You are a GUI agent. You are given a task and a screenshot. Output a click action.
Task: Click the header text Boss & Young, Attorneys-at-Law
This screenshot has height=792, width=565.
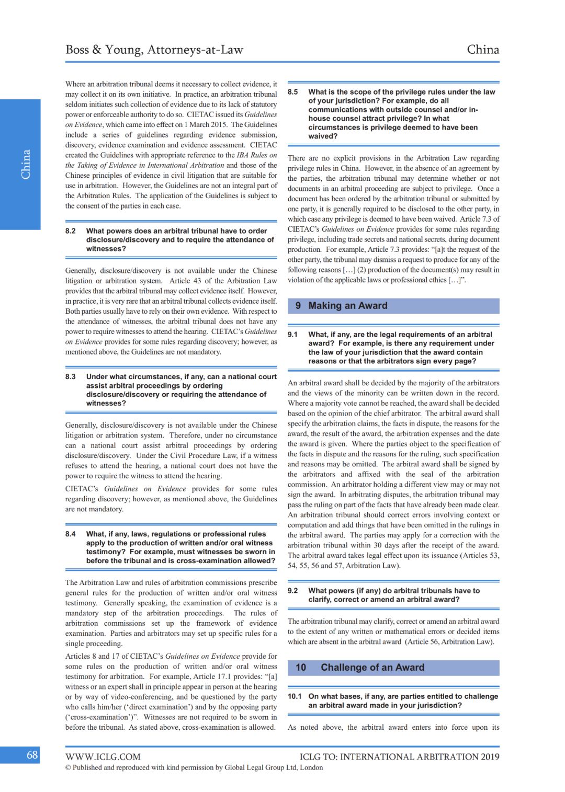point(154,50)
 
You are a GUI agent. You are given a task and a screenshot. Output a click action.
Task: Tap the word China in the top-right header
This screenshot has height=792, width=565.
point(482,50)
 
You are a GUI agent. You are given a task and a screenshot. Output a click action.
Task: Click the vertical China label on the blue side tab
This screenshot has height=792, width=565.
point(25,164)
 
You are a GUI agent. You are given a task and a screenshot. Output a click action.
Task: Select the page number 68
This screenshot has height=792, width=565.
point(32,754)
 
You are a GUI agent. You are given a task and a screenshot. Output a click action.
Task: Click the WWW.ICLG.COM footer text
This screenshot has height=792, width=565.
point(103,756)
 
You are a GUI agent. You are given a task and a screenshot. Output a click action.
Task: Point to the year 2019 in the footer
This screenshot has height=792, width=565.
point(490,756)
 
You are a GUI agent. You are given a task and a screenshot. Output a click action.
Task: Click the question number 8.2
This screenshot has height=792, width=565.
point(71,231)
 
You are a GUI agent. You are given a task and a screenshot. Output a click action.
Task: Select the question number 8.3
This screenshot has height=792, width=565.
point(71,377)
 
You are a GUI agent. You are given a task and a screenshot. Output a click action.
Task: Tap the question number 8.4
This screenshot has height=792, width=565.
point(71,534)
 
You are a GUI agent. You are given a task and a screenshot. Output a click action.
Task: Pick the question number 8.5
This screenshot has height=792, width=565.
point(293,92)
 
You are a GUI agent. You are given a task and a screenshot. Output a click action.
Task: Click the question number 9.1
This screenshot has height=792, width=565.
point(293,335)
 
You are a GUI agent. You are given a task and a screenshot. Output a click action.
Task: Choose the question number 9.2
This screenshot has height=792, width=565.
point(293,591)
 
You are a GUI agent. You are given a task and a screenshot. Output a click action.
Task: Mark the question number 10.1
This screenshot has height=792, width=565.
point(295,696)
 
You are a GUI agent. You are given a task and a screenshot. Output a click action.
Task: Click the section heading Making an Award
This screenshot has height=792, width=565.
point(348,306)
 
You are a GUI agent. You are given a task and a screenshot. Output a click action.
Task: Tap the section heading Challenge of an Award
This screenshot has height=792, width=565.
point(372,668)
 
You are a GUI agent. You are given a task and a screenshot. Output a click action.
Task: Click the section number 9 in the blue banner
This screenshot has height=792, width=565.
point(298,306)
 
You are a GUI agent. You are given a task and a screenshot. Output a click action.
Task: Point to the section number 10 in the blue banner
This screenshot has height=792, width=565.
point(301,668)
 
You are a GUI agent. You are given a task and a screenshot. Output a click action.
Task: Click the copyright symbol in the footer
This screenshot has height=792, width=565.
point(68,768)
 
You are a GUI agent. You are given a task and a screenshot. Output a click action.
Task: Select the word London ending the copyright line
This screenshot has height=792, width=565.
point(311,768)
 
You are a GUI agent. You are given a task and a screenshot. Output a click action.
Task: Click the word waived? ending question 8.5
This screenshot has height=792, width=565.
point(323,136)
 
